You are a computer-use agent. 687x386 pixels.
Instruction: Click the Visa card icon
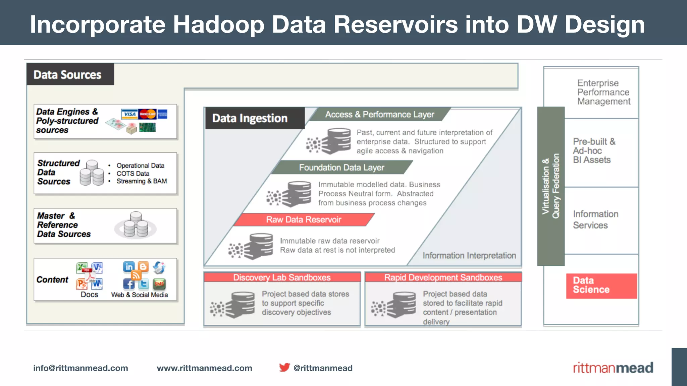coord(129,114)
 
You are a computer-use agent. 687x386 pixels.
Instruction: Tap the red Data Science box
coord(601,285)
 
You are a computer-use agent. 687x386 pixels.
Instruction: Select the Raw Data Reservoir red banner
coord(304,219)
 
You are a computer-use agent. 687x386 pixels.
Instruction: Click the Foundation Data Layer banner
coord(341,167)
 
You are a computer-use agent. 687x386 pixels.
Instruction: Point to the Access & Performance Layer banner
coord(379,115)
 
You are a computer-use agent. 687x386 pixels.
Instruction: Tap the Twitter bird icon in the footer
coord(284,367)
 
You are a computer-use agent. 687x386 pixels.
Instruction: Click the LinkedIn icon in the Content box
coord(129,267)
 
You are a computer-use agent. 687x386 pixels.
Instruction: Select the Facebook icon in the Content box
coord(129,284)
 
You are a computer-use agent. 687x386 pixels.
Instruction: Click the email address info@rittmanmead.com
coord(81,368)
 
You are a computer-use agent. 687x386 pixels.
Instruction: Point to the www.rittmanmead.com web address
coord(204,368)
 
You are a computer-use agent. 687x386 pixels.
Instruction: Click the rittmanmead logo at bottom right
coord(613,368)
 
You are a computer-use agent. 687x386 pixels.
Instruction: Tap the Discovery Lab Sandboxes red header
coord(282,277)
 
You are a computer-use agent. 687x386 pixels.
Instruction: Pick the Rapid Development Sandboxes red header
coord(443,277)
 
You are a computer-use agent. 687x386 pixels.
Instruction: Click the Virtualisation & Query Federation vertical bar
coord(551,186)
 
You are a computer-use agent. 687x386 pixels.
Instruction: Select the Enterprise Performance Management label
coord(603,92)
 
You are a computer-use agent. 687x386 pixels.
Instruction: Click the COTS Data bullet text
coord(133,174)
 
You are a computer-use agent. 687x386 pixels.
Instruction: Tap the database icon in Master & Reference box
coord(136,225)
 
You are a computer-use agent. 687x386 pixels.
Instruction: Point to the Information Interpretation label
coord(469,256)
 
